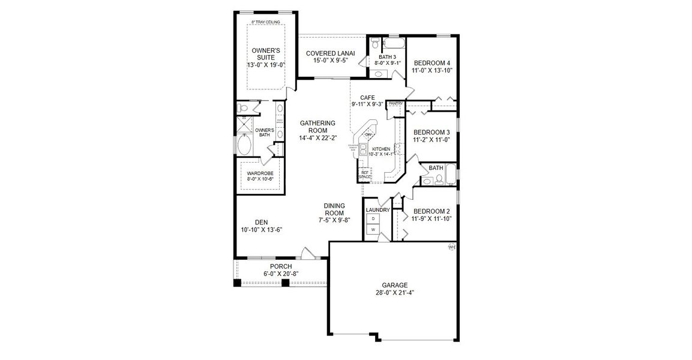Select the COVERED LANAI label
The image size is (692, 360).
[x=330, y=53]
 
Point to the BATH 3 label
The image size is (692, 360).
[x=387, y=57]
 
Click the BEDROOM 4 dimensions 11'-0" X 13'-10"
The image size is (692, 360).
[x=432, y=70]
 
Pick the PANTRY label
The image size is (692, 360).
[x=396, y=104]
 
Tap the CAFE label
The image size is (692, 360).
[x=367, y=97]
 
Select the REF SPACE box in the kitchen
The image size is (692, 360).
[x=365, y=174]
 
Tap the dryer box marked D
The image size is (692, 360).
[x=373, y=219]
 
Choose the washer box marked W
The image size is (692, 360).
[x=373, y=230]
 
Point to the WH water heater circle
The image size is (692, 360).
[x=452, y=247]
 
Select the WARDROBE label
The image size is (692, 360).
[x=260, y=173]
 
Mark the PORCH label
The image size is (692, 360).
[x=280, y=266]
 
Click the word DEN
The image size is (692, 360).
[x=261, y=221]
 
